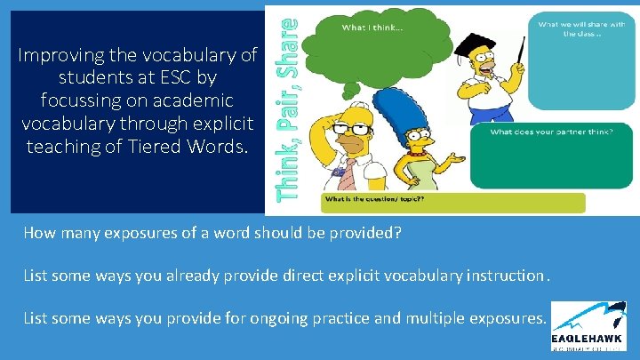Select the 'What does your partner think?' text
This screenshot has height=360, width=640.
(x=563, y=132)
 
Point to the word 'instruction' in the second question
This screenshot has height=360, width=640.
(x=507, y=276)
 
